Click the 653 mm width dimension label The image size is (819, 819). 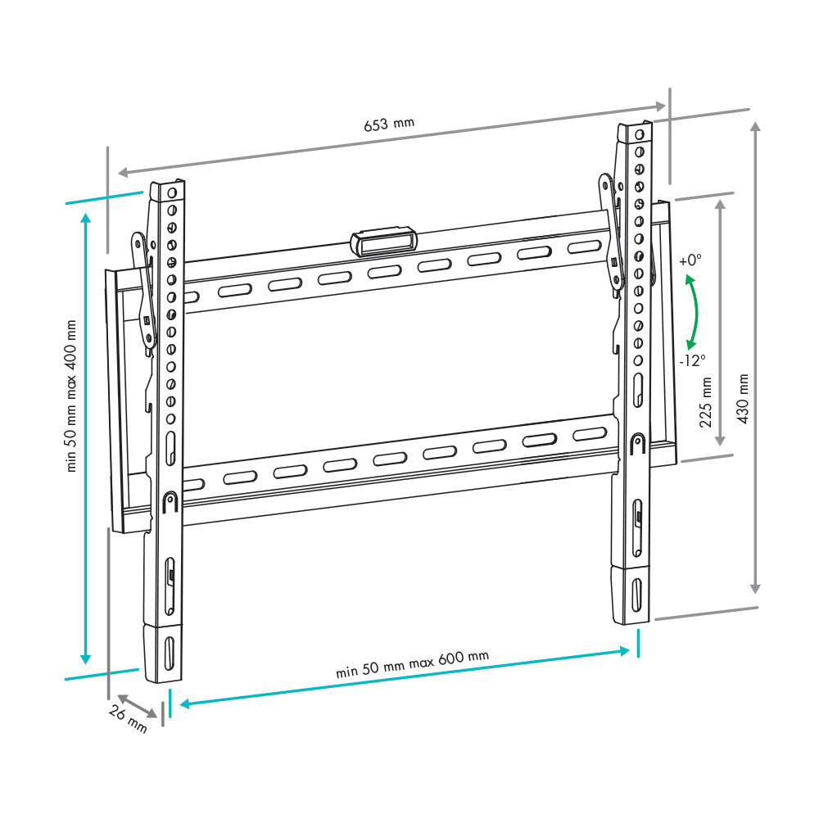click(x=389, y=124)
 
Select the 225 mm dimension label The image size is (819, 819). click(x=706, y=403)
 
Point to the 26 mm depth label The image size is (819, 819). click(x=128, y=718)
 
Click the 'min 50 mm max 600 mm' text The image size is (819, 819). click(x=413, y=664)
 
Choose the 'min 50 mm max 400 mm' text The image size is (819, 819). click(x=71, y=396)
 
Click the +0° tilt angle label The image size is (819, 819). click(x=690, y=260)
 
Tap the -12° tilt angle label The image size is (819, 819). click(x=693, y=360)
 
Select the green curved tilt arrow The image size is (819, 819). click(x=696, y=312)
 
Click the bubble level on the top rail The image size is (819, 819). click(x=384, y=242)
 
